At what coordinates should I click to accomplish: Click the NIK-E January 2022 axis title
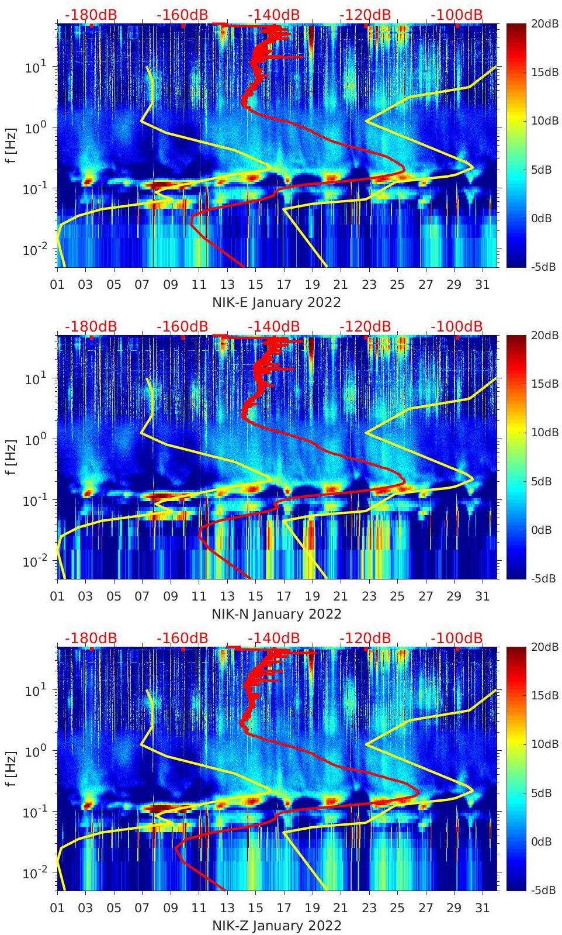pyautogui.click(x=276, y=302)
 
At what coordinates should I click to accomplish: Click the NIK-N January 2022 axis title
pyautogui.click(x=276, y=614)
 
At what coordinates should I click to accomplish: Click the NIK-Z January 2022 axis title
pyautogui.click(x=276, y=926)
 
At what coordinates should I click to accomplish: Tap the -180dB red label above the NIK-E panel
pyautogui.click(x=91, y=15)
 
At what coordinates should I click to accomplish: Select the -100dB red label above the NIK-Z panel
pyautogui.click(x=457, y=638)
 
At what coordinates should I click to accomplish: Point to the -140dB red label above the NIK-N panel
pyautogui.click(x=273, y=326)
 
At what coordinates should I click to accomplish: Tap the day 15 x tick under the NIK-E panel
pyautogui.click(x=255, y=285)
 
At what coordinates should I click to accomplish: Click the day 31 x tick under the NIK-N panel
pyautogui.click(x=482, y=596)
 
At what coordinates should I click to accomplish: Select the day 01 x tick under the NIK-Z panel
pyautogui.click(x=57, y=908)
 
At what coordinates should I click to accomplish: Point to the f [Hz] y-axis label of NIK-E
pyautogui.click(x=11, y=145)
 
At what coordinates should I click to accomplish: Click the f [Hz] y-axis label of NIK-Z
pyautogui.click(x=11, y=768)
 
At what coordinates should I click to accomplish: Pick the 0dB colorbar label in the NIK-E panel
pyautogui.click(x=541, y=218)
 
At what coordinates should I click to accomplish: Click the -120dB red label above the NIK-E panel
pyautogui.click(x=365, y=15)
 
